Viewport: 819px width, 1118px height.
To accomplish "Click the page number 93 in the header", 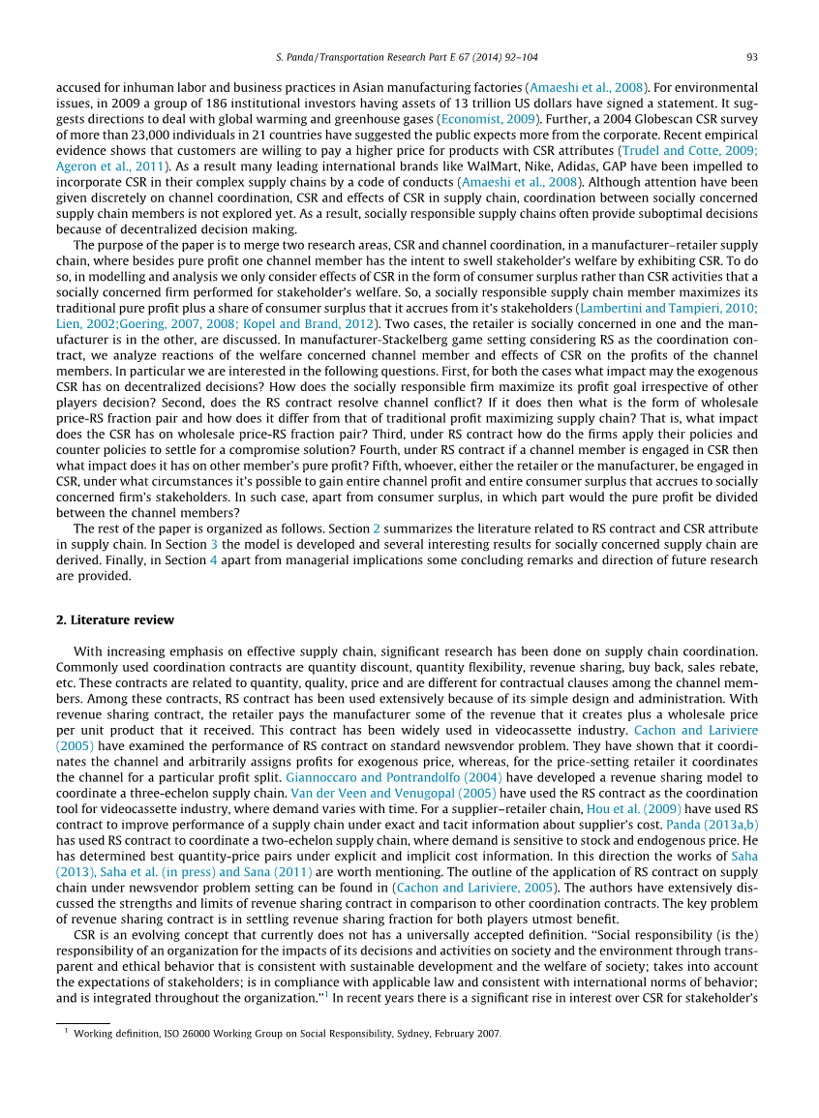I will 752,57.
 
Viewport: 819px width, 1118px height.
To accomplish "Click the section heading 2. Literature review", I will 115,619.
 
